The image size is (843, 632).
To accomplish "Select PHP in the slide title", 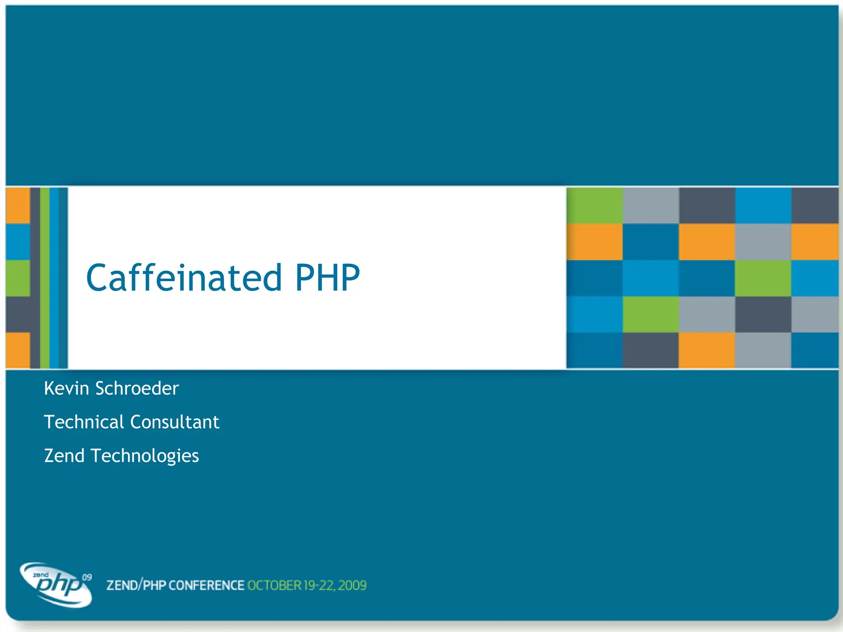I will [x=327, y=278].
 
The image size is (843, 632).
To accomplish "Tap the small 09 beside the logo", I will [x=87, y=577].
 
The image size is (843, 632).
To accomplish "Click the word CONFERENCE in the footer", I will [x=206, y=586].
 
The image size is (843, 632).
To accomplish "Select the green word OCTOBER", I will [x=274, y=586].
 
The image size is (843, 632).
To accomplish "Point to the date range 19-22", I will [x=319, y=586].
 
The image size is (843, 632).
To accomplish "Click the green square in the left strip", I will [x=18, y=278].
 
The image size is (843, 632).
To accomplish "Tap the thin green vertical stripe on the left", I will [x=44, y=278].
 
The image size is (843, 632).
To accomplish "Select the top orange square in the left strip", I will [x=18, y=205].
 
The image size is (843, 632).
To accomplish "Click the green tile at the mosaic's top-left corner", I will [x=594, y=206].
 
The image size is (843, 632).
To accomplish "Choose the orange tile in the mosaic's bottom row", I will [x=706, y=350].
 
